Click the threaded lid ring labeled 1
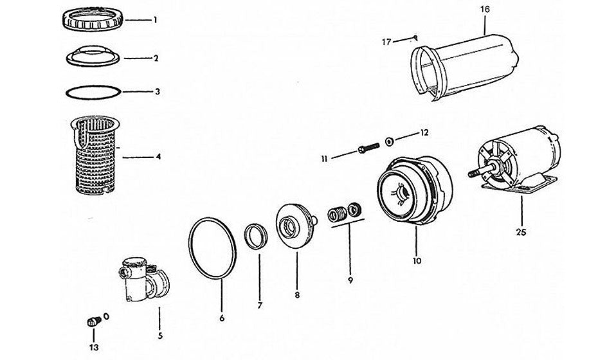click(x=95, y=19)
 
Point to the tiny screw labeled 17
click(x=415, y=37)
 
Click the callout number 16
click(x=485, y=10)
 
